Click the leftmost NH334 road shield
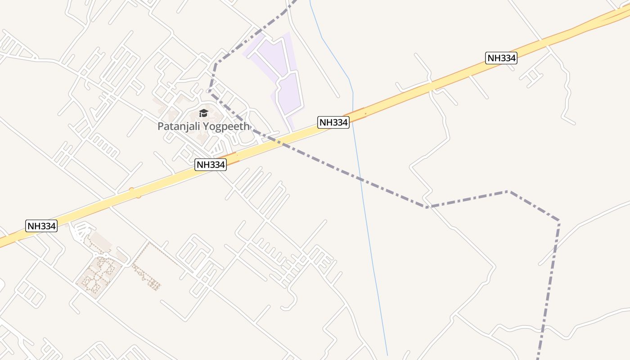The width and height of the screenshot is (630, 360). click(41, 226)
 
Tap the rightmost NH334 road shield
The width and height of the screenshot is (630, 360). click(501, 58)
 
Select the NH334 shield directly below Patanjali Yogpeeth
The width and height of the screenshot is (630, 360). click(211, 165)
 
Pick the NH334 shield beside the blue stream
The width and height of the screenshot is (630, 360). click(333, 122)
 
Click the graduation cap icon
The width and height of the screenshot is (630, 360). click(203, 113)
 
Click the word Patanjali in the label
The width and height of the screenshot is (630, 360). click(179, 126)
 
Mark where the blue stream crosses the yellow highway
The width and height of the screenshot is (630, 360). click(353, 114)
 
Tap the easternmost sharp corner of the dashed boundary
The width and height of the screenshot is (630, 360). click(559, 221)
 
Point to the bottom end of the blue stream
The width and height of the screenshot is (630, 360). click(387, 355)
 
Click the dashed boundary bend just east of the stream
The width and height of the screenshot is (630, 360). click(426, 207)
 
